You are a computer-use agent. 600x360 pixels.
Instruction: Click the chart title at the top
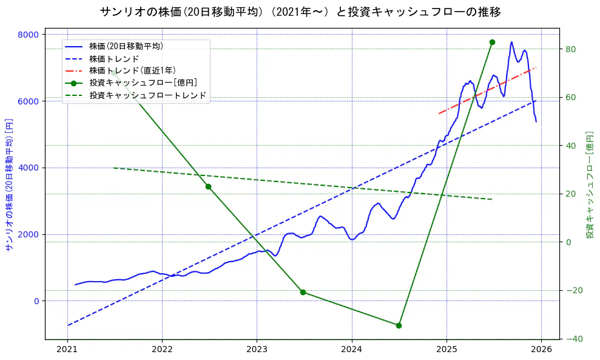pyautogui.click(x=300, y=12)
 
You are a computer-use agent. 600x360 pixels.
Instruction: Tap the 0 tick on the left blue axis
pyautogui.click(x=36, y=301)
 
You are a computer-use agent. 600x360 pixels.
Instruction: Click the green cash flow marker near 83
pyautogui.click(x=492, y=42)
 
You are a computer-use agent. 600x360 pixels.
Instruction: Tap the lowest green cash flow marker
pyautogui.click(x=399, y=325)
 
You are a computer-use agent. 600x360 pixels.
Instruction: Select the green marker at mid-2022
pyautogui.click(x=208, y=186)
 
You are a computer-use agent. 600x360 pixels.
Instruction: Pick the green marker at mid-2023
pyautogui.click(x=303, y=292)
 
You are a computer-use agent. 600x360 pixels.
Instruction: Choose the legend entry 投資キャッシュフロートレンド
pyautogui.click(x=148, y=95)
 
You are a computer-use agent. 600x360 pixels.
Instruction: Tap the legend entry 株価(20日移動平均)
pyautogui.click(x=126, y=46)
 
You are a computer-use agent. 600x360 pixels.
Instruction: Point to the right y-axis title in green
pyautogui.click(x=589, y=186)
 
